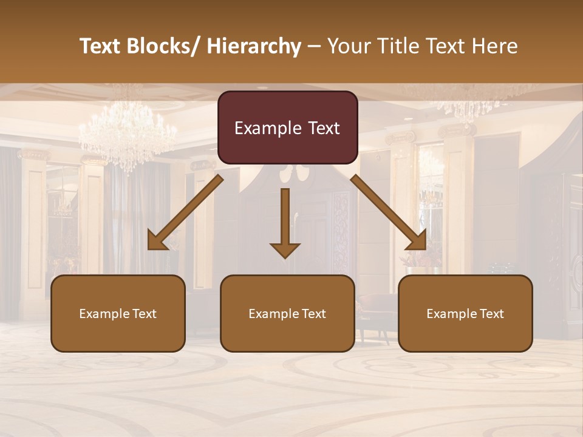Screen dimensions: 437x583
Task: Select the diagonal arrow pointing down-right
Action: pyautogui.click(x=387, y=212)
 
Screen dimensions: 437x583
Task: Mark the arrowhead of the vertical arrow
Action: pyautogui.click(x=285, y=249)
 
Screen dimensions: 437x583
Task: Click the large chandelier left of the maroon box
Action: pyautogui.click(x=128, y=134)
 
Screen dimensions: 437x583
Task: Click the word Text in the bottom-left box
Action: pyautogui.click(x=145, y=314)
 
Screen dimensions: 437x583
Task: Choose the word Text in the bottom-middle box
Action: pyautogui.click(x=315, y=314)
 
